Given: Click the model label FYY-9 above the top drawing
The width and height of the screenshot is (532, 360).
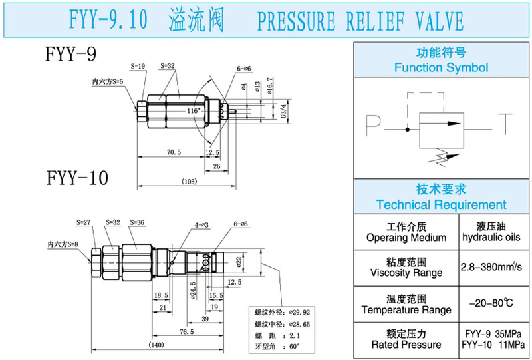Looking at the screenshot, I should pos(69,54).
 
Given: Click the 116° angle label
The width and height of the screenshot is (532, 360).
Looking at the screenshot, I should pos(194,110).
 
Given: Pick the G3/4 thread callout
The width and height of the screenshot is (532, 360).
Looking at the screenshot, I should pos(284,110).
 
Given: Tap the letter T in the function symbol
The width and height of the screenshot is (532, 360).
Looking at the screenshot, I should pos(509,122).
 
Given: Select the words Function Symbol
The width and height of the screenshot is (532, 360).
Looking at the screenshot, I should pos(441,68).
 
